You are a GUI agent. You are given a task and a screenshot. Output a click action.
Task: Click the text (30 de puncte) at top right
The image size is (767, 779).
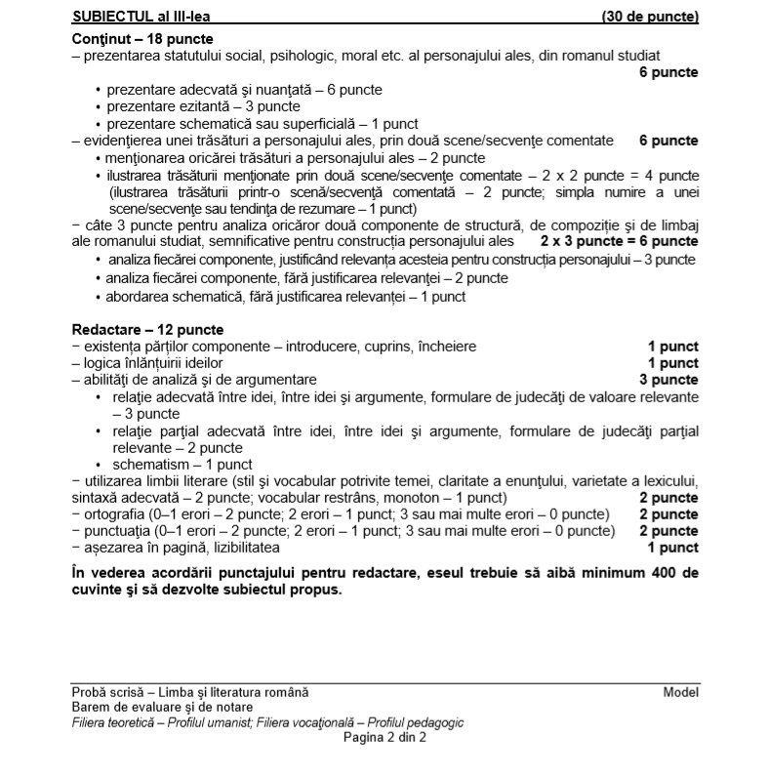[650, 17]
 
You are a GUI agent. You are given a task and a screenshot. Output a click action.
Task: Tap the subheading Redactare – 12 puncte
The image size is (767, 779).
[147, 329]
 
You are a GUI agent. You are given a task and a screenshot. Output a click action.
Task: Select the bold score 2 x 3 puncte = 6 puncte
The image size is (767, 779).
[619, 240]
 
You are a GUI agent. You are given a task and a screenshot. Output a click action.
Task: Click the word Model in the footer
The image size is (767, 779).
[680, 692]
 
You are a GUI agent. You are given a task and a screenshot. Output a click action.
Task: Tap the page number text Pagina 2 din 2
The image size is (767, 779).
[383, 737]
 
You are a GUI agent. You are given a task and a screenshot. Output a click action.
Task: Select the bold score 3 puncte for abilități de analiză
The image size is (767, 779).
[668, 379]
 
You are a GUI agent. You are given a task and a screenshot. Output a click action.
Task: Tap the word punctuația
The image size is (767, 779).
[113, 531]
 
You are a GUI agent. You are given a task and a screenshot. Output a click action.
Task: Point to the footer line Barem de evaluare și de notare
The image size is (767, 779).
[162, 707]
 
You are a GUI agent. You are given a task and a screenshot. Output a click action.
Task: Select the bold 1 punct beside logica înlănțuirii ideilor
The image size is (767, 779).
[673, 363]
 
